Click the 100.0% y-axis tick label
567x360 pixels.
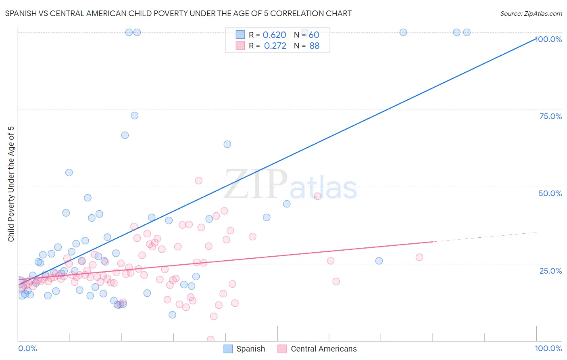(x=548, y=39)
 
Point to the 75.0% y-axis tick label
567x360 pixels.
(x=550, y=116)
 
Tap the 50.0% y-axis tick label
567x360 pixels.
(x=550, y=193)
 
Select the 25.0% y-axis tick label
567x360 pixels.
(x=550, y=270)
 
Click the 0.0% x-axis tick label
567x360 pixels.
(x=27, y=348)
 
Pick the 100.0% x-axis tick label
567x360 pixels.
(x=548, y=348)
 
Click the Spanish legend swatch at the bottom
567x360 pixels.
(x=228, y=349)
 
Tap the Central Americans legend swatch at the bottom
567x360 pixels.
(x=282, y=349)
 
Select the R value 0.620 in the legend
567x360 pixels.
(x=274, y=35)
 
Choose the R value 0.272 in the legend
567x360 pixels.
(x=275, y=46)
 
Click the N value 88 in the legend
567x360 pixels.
(x=314, y=46)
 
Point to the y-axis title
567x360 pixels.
(x=11, y=184)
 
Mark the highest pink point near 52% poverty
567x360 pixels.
(x=198, y=180)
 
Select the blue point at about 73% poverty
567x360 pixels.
(x=135, y=115)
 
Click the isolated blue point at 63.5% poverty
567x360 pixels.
(x=227, y=144)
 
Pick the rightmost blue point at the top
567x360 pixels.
(x=467, y=32)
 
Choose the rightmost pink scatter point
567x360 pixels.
(x=419, y=257)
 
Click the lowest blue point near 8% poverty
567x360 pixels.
(x=172, y=315)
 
